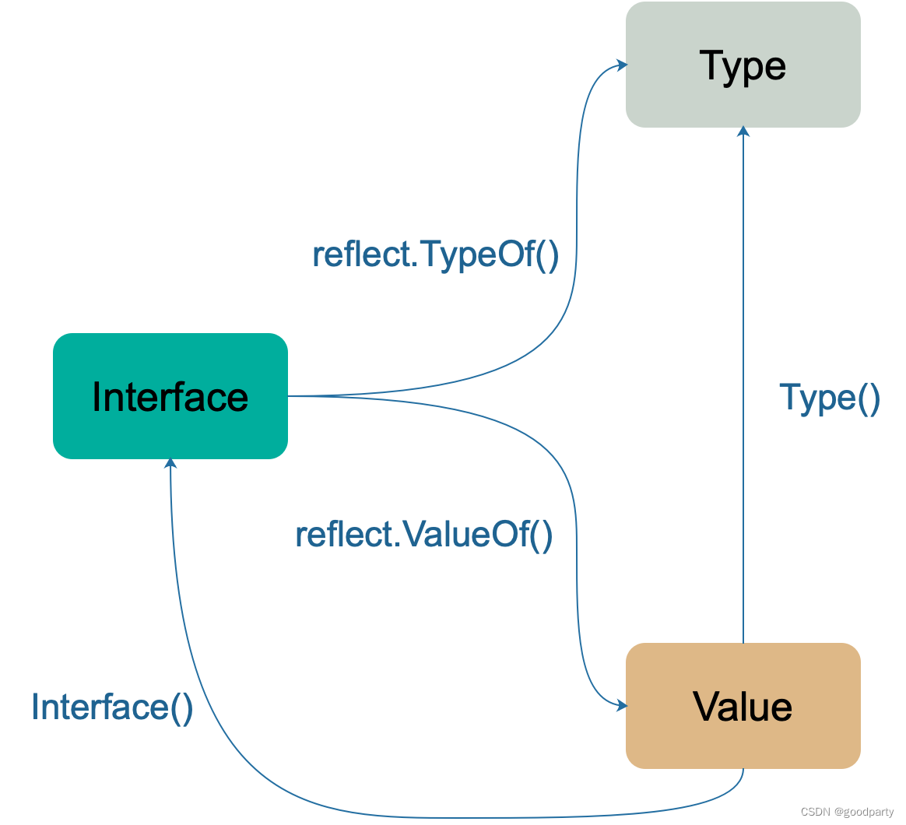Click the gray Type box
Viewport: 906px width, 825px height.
[743, 65]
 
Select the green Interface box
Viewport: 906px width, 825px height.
[170, 396]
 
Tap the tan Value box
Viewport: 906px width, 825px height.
[743, 706]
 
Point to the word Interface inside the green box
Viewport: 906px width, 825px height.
[170, 398]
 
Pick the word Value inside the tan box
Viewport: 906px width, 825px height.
[743, 707]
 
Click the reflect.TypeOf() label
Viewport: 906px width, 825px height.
[436, 255]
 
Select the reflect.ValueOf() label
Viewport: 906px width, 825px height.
[424, 535]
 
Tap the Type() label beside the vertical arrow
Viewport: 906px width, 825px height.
[830, 398]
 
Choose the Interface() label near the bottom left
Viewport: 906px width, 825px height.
[112, 707]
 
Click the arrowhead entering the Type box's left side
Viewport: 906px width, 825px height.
[623, 65]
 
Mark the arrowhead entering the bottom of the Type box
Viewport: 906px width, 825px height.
[743, 132]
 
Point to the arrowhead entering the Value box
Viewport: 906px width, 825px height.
[623, 705]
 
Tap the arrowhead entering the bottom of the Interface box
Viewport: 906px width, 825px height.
[170, 463]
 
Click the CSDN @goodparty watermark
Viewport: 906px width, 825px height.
[847, 812]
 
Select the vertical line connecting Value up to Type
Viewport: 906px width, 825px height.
[743, 384]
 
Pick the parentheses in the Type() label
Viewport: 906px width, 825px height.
[869, 398]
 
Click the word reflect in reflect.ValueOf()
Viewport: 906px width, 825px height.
[344, 535]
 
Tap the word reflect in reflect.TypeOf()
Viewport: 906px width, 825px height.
[362, 255]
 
